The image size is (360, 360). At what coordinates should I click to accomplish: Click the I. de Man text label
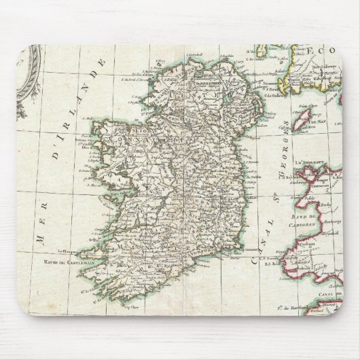(313, 115)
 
